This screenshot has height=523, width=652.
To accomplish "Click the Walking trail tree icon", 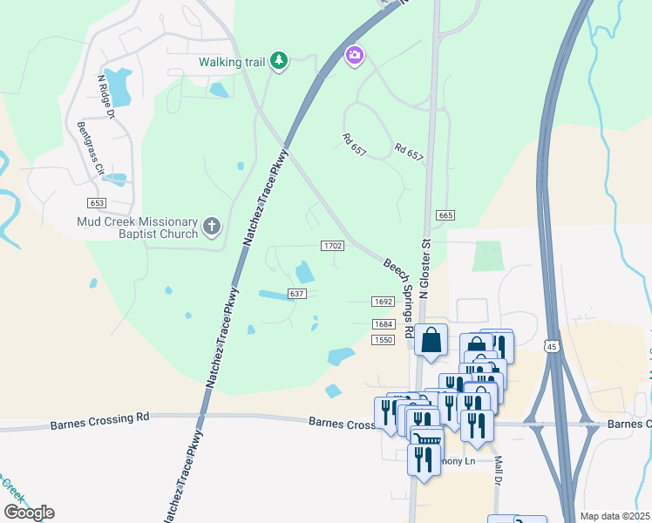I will click(x=279, y=61).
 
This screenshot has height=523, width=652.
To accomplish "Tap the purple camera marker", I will click(x=354, y=56).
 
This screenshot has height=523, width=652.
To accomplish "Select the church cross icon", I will click(x=211, y=228).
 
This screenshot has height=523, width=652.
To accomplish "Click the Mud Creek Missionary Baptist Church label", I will click(x=137, y=228).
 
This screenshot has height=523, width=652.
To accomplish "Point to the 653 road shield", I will click(x=97, y=202).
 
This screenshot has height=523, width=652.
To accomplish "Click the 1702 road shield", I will click(x=332, y=247).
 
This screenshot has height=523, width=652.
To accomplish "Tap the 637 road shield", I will click(x=297, y=294).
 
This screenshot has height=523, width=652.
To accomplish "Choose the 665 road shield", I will click(x=445, y=215).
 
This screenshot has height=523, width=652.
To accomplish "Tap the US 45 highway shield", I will click(x=552, y=347).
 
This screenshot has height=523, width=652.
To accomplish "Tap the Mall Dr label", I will click(x=499, y=475).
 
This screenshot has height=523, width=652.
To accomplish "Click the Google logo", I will click(x=29, y=513).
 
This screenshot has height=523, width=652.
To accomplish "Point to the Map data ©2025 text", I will click(x=615, y=516).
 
